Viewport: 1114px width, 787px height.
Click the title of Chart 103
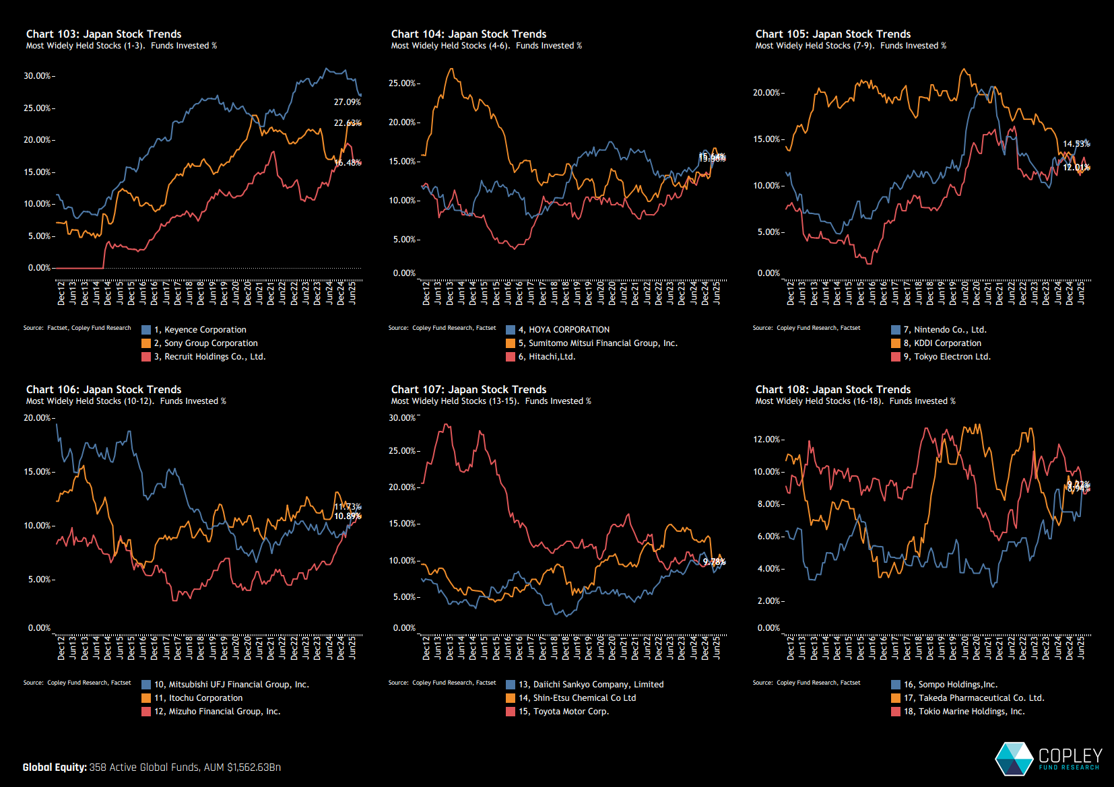point(104,34)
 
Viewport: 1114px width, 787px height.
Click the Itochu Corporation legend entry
point(205,698)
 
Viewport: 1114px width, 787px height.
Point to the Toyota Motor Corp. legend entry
point(563,712)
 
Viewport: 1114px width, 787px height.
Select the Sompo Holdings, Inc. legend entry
point(950,685)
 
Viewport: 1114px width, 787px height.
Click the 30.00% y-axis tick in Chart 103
point(38,76)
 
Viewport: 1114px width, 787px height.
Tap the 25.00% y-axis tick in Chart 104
point(402,83)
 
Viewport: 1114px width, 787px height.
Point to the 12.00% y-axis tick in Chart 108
point(766,440)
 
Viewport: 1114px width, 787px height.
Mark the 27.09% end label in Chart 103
point(347,102)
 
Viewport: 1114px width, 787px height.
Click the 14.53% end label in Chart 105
point(1076,144)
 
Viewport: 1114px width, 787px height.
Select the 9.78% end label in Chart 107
point(714,562)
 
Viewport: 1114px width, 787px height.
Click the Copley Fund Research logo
point(1048,759)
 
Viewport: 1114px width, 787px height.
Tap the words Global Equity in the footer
point(55,767)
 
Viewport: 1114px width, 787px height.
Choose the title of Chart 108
point(832,389)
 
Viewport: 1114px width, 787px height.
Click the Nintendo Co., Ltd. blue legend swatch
point(896,330)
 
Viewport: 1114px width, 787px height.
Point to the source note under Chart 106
point(77,683)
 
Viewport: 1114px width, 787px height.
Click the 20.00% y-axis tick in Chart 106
point(38,418)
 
